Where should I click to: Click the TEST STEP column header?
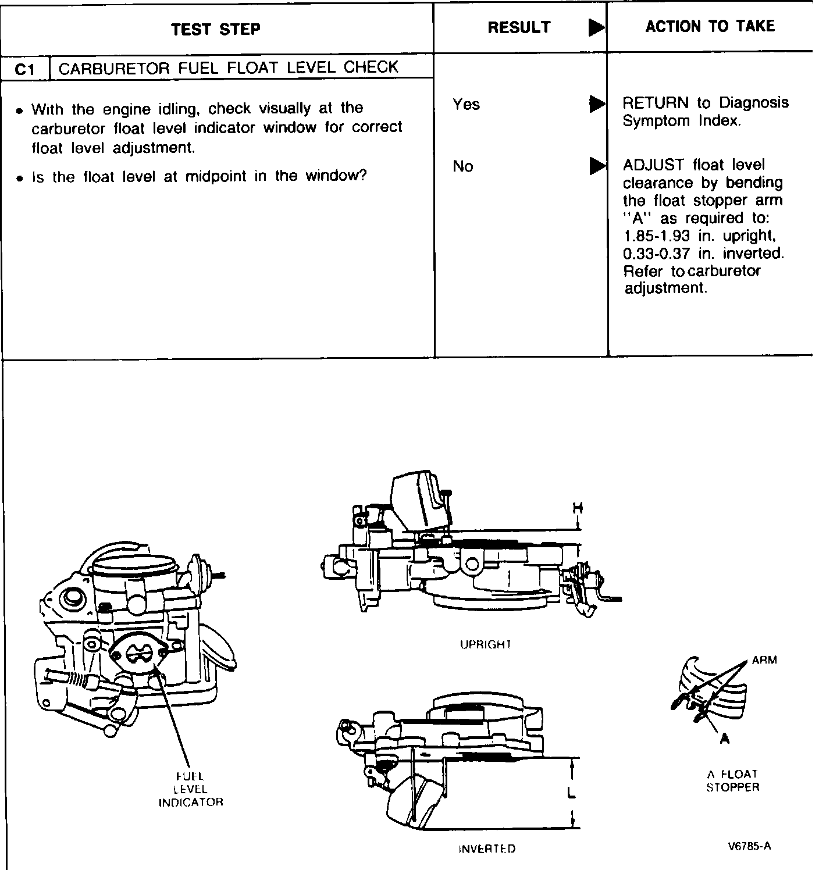(x=216, y=29)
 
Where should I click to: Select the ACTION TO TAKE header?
(x=710, y=26)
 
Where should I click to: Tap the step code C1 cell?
(x=26, y=69)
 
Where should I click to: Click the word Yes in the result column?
(x=466, y=105)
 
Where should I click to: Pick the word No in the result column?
(x=463, y=167)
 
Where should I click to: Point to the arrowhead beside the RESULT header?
(x=596, y=27)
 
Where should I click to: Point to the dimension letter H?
(x=577, y=508)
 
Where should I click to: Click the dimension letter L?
(x=571, y=792)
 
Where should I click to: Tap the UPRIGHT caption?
(x=485, y=644)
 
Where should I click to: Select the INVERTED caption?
(x=487, y=848)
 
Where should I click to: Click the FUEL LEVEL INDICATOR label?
(x=191, y=789)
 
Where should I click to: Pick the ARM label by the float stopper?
(x=764, y=660)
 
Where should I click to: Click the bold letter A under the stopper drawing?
(x=724, y=739)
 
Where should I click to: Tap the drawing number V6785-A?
(x=749, y=846)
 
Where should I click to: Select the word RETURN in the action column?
(x=655, y=103)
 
